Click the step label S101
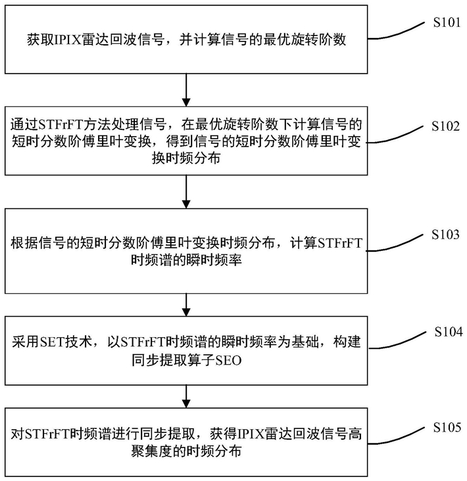(x=447, y=22)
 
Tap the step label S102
(x=445, y=126)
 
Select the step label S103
(x=445, y=235)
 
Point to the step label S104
(x=449, y=332)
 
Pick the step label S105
(x=447, y=427)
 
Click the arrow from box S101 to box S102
(x=186, y=90)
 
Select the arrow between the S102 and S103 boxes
(x=186, y=192)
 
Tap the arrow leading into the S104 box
(x=186, y=305)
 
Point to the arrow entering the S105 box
(x=186, y=396)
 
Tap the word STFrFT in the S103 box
(x=340, y=243)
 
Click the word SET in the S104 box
(x=51, y=342)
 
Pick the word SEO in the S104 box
(x=228, y=360)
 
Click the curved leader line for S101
(x=396, y=32)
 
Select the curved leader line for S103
(x=394, y=244)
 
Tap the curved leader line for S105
(x=396, y=436)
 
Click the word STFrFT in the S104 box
(x=143, y=342)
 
